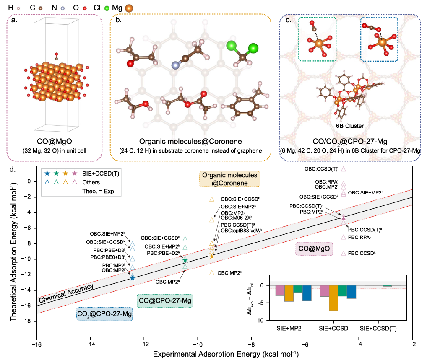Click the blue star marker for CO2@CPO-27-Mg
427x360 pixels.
pos(133,278)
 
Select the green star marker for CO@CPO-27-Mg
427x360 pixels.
pos(185,260)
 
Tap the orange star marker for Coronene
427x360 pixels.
pos(212,256)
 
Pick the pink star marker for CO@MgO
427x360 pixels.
pos(344,218)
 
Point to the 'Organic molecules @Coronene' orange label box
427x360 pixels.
pos(230,179)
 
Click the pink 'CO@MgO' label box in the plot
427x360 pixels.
pos(314,249)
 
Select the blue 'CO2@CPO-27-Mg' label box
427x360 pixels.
pos(104,313)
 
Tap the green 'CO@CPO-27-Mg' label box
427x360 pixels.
pos(166,300)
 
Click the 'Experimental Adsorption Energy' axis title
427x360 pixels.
pos(225,354)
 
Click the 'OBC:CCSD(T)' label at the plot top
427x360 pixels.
pos(321,169)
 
